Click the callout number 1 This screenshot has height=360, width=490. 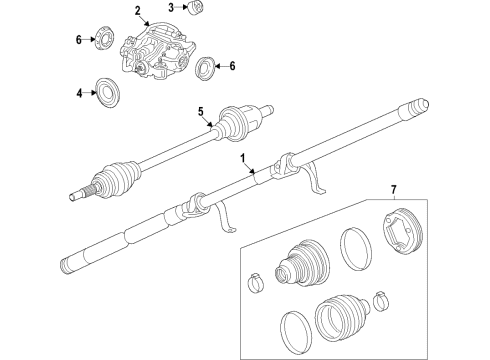(x=241, y=159)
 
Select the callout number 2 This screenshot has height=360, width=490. (x=136, y=11)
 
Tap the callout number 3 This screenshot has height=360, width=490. (x=171, y=8)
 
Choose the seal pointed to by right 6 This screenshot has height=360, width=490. (x=207, y=69)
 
